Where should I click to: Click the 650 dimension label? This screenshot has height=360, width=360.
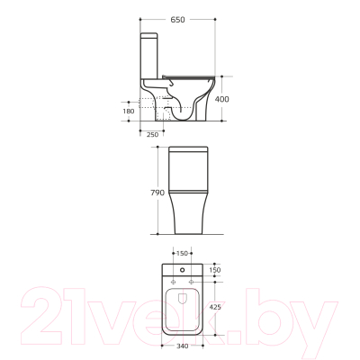click(x=177, y=20)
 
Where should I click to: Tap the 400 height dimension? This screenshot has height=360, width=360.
click(x=222, y=99)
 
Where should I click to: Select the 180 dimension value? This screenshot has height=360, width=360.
click(x=129, y=111)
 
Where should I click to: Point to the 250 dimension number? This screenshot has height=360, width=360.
click(x=152, y=135)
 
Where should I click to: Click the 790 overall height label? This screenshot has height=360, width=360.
click(x=157, y=193)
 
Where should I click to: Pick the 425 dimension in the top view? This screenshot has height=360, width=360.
click(x=215, y=307)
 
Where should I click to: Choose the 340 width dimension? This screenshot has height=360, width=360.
click(x=182, y=346)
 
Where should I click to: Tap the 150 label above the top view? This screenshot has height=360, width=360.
click(x=182, y=254)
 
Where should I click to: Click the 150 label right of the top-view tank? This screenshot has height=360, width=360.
click(x=215, y=270)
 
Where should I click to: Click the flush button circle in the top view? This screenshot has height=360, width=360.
click(x=183, y=270)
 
